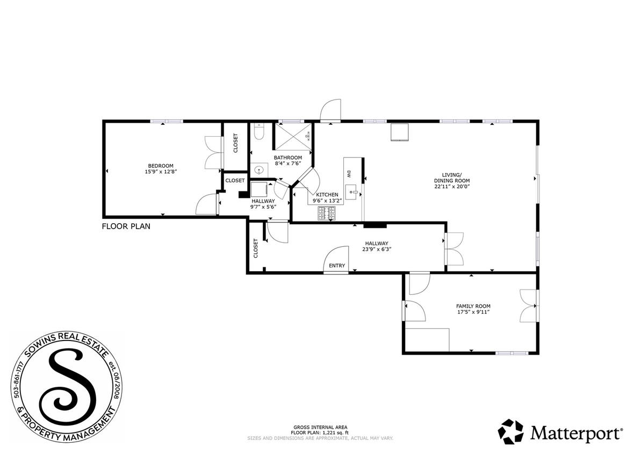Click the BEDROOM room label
point(161,165)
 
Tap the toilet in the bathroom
point(258,132)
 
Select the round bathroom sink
point(259,171)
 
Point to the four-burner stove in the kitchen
point(327,214)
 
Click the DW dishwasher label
point(348,174)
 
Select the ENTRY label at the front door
point(337,266)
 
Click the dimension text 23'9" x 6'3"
point(376,249)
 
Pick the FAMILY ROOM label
point(473,306)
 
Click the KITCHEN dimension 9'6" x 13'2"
point(327,201)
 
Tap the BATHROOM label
point(287,158)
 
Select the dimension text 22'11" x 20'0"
point(452,187)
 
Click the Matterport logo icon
point(510,431)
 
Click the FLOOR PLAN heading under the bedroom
point(126,226)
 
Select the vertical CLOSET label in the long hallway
point(255,247)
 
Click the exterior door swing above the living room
point(330,111)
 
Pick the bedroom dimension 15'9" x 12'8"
point(161,172)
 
